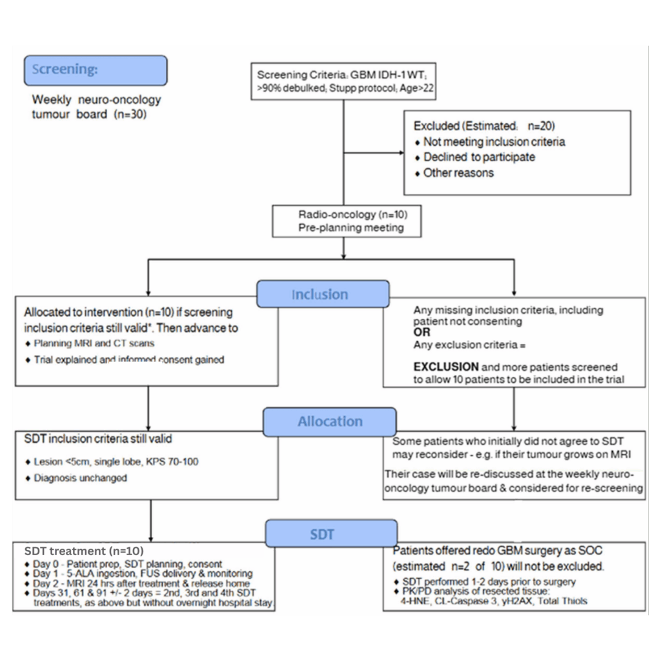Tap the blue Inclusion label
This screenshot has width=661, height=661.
click(323, 294)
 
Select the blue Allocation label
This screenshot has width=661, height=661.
click(330, 422)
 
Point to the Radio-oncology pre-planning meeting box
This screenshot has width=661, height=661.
click(339, 221)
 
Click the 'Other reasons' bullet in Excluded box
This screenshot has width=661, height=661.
click(458, 172)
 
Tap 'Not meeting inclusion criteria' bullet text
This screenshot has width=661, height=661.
click(494, 141)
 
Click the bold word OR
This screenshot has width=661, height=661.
click(422, 331)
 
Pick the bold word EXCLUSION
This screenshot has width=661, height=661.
click(446, 366)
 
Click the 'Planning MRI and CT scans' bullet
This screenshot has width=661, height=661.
click(94, 343)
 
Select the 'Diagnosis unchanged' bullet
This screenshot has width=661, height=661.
click(80, 479)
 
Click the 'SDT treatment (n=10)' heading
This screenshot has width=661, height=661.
click(84, 551)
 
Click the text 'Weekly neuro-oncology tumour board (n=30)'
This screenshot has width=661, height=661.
click(97, 107)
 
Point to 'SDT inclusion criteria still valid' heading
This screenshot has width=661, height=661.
click(97, 439)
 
